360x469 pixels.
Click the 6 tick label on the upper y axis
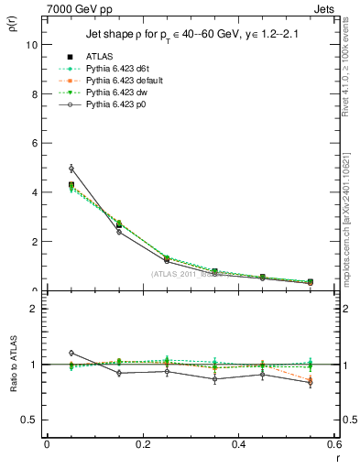click(35, 143)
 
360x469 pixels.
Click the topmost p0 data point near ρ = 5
click(71, 169)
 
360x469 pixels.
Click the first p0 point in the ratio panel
click(71, 353)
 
